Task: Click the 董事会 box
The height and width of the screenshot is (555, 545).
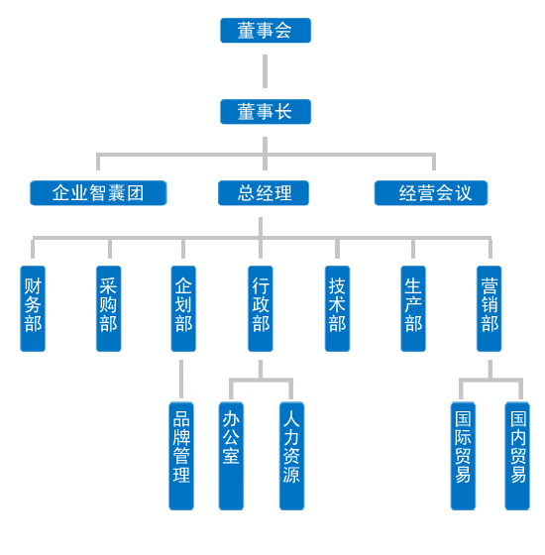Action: coord(266,31)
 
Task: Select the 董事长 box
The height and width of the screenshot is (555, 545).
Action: coord(266,112)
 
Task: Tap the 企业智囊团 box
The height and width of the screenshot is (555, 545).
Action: coord(98,193)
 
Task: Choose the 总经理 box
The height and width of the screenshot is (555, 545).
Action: coord(265,193)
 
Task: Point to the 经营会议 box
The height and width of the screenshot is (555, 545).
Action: coord(432,193)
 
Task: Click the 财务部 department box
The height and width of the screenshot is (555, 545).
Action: coord(33,308)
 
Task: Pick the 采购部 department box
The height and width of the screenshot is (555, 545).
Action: coord(109,308)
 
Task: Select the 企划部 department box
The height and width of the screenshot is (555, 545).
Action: coord(183,308)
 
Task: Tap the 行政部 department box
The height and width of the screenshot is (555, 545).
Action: coord(261,308)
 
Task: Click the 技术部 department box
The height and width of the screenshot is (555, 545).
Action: coord(338,308)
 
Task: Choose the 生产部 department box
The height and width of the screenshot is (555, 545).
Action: coord(413,308)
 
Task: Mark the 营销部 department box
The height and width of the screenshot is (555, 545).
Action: coord(490,308)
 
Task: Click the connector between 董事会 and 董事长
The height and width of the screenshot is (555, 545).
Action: coord(266,71)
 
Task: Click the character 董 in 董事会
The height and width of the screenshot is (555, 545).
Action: coord(247,31)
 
